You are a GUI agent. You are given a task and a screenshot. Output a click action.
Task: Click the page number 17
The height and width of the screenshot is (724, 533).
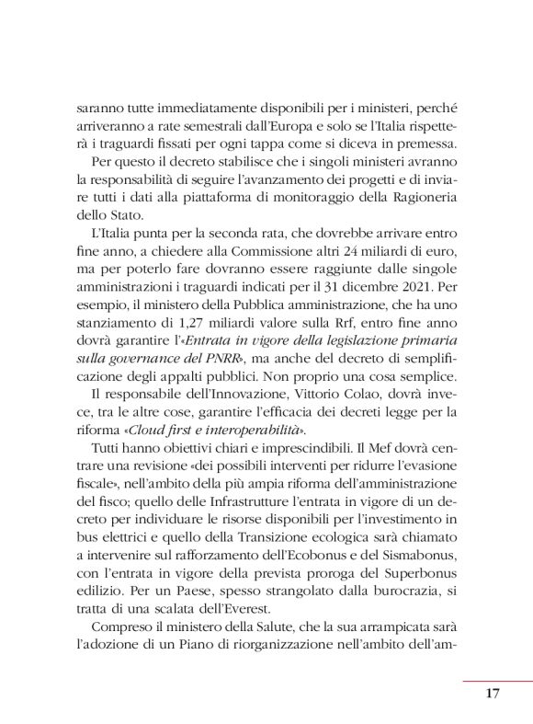pos(491,694)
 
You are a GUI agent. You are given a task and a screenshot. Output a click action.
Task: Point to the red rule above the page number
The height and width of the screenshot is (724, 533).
pos(497,680)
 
